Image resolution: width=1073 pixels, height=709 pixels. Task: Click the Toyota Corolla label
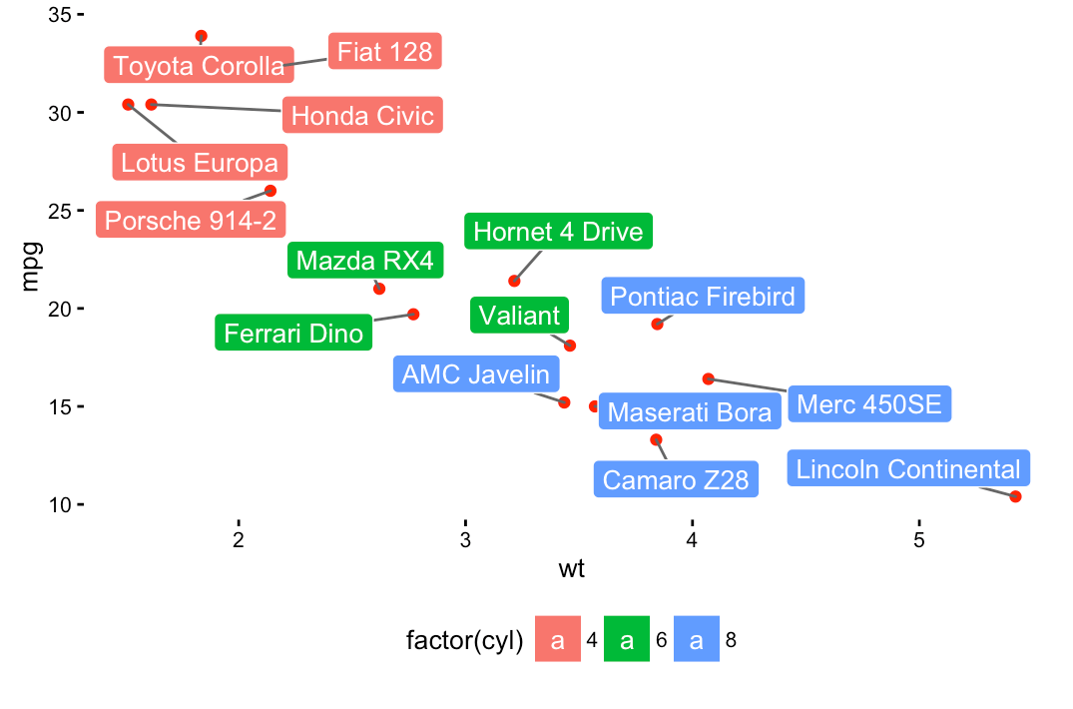(x=199, y=66)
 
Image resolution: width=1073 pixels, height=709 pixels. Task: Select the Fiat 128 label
(x=384, y=51)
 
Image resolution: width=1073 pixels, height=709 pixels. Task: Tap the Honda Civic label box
(x=362, y=116)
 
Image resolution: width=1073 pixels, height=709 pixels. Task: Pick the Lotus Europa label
(x=200, y=162)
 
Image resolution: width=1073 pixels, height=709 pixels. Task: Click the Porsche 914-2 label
(x=190, y=220)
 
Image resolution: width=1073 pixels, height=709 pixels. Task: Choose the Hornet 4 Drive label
(x=558, y=232)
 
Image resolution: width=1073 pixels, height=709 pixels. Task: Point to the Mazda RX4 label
(x=365, y=262)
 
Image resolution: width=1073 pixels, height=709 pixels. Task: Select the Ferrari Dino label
(x=293, y=333)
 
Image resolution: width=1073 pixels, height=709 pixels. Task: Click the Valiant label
(x=519, y=316)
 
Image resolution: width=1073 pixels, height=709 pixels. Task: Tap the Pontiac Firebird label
(x=703, y=296)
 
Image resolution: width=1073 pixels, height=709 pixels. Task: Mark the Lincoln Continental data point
(x=1015, y=496)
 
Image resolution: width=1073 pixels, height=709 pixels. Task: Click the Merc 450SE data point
(x=708, y=378)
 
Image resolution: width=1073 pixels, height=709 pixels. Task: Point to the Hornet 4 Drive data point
(x=514, y=281)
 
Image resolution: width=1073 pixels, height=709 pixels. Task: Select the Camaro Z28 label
(x=676, y=479)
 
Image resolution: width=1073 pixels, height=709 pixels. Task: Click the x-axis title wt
(x=571, y=570)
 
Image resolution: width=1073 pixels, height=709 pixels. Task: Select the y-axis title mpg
(x=31, y=265)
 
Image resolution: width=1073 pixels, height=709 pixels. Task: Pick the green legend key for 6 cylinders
(x=627, y=640)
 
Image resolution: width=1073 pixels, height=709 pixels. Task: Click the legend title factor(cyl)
(x=465, y=641)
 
